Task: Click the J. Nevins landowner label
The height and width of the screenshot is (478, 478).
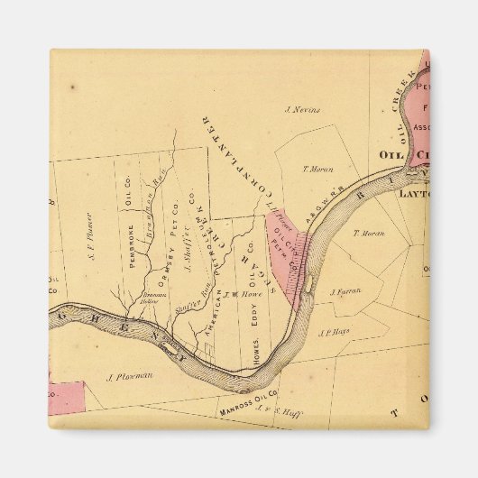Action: pos(301,110)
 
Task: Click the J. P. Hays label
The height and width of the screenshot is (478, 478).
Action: pos(333,332)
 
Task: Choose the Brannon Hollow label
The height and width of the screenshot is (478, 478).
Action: pos(150,298)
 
